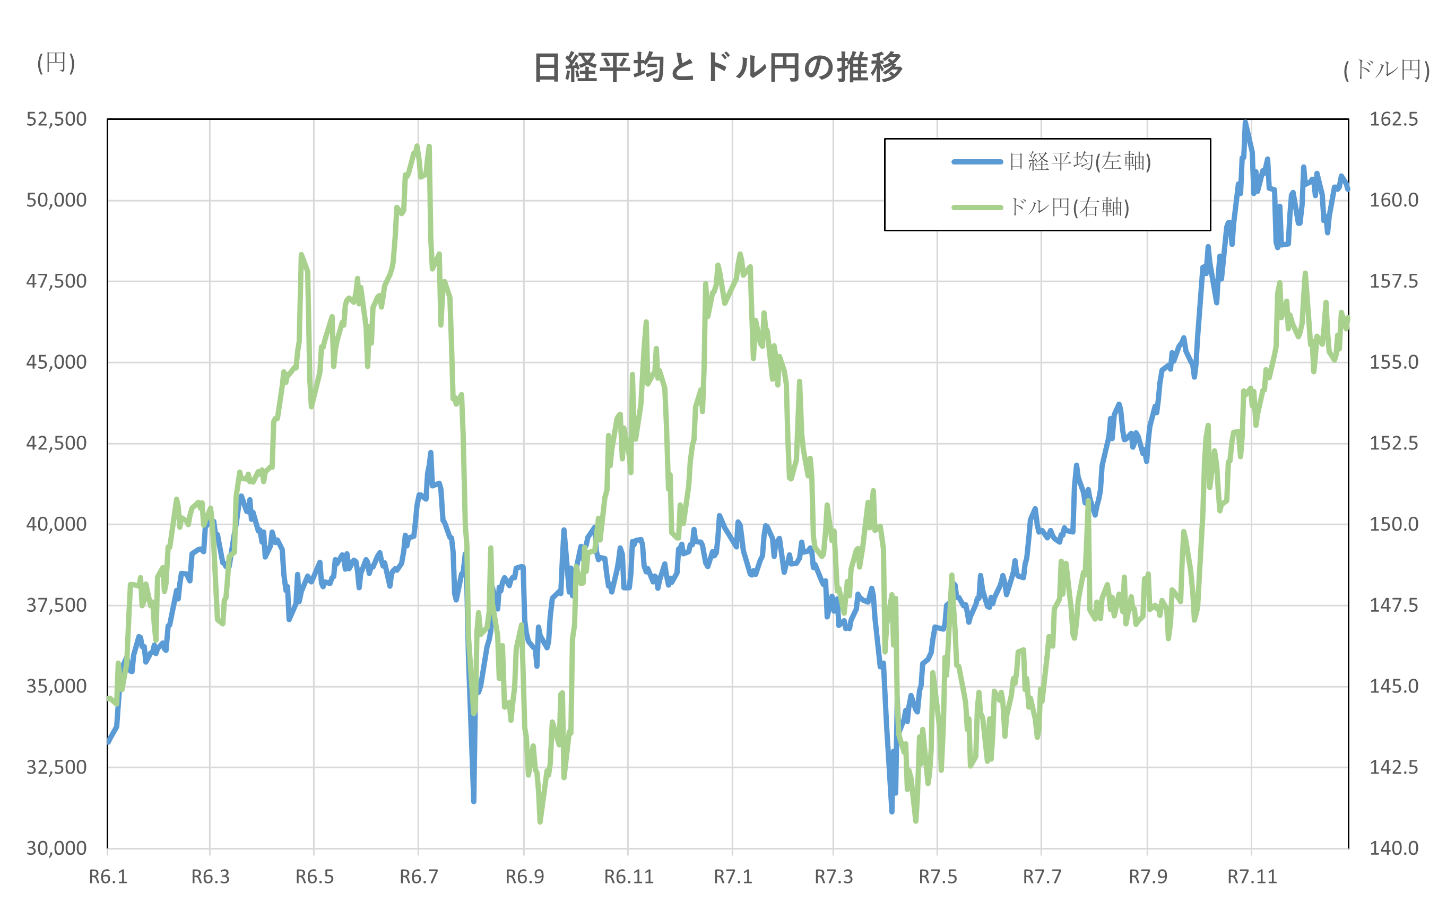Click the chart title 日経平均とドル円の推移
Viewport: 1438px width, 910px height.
tap(717, 67)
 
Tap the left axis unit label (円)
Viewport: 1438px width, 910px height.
tap(56, 63)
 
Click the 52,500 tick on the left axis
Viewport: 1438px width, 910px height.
tap(56, 119)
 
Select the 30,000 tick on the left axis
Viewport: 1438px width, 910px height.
tap(56, 848)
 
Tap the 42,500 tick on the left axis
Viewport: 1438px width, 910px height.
tap(56, 443)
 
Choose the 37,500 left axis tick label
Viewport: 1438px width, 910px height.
tap(56, 605)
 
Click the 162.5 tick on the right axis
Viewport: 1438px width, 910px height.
tap(1393, 119)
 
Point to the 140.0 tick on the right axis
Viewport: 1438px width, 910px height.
tap(1393, 848)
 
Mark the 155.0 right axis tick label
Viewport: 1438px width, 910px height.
tap(1393, 362)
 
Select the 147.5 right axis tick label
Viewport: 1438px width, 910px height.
tap(1393, 605)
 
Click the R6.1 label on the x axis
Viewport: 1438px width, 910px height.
tap(108, 877)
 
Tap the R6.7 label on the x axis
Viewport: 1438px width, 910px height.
tap(419, 877)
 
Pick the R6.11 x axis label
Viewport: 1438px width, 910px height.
tap(629, 877)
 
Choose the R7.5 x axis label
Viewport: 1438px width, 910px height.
tap(938, 877)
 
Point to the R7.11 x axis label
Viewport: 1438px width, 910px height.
tap(1252, 877)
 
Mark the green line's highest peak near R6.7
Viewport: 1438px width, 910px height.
tap(417, 146)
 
